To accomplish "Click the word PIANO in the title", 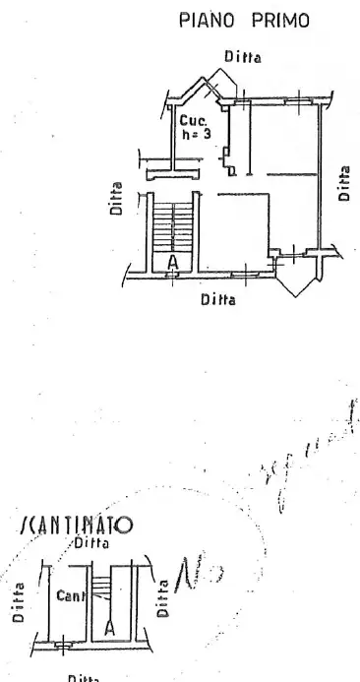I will coord(204,20).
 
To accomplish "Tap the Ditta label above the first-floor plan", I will coord(242,57).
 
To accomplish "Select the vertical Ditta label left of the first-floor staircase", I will coord(117,199).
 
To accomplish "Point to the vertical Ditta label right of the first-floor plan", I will coord(344,182).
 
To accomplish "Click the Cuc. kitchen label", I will coord(194,120).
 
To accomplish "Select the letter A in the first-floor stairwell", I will coord(173,262).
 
